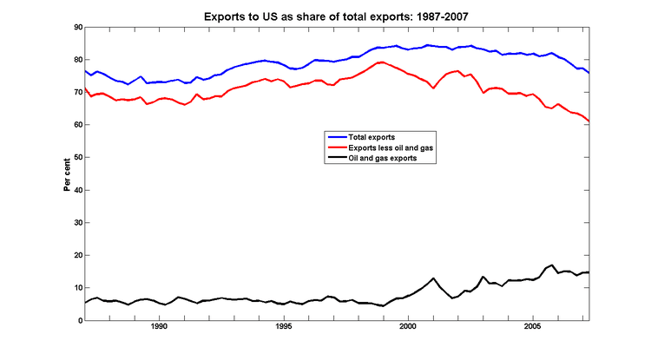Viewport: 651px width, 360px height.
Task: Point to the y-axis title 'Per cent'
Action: [x=66, y=173]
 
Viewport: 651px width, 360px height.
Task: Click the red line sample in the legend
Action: [x=336, y=148]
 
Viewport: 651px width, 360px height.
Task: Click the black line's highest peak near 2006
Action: [x=552, y=265]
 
